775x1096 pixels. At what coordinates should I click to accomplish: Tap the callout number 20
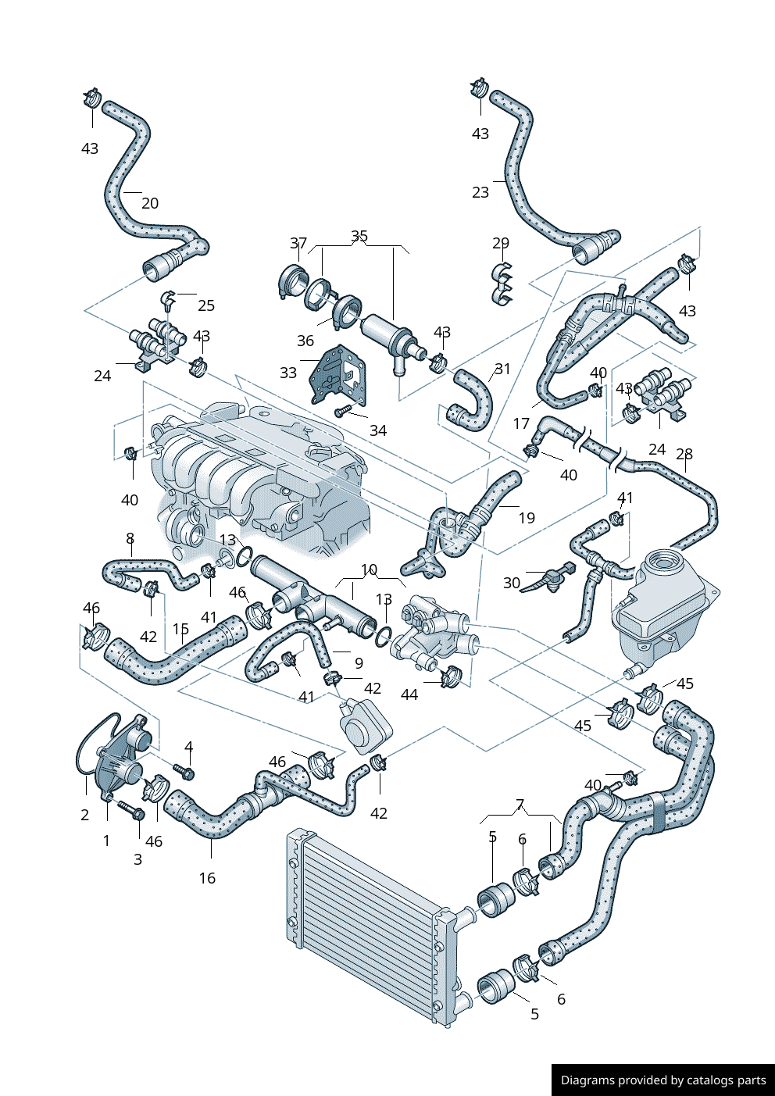[150, 203]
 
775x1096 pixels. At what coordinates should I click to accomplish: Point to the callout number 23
[480, 192]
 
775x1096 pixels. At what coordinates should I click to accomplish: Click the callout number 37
[298, 244]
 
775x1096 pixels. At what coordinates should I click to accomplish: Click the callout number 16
[207, 878]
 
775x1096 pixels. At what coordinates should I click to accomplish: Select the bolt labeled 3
[130, 810]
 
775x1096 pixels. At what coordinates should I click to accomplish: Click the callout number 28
[684, 454]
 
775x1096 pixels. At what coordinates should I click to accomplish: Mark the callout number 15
[180, 630]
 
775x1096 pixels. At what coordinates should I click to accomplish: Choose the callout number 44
[409, 694]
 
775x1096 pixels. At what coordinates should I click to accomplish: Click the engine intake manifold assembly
[258, 477]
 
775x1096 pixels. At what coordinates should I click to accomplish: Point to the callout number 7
[520, 805]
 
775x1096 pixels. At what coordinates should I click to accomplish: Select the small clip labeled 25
[167, 298]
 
